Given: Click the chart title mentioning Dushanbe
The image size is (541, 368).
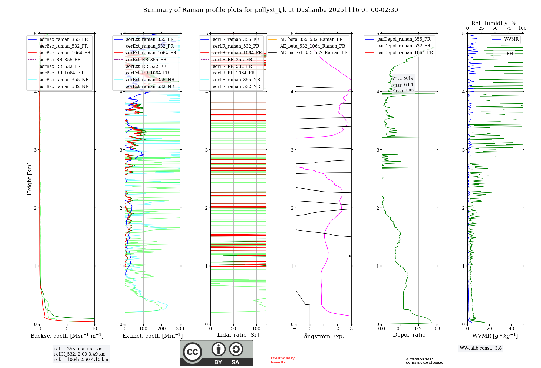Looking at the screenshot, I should click(270, 10).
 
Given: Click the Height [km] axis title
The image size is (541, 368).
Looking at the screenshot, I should click(29, 179).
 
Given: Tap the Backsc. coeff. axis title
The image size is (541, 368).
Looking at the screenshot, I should click(67, 336).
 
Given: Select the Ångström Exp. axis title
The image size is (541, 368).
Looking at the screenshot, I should click(324, 336).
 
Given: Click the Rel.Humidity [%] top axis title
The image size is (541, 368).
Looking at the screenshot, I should click(495, 23).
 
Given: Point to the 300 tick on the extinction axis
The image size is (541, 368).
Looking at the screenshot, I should click(180, 329).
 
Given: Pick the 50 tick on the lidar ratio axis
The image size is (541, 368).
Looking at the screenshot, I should click(233, 329).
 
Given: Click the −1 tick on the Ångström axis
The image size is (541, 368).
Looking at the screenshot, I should click(296, 329).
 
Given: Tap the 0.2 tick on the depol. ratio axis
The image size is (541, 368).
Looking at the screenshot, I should click(418, 329).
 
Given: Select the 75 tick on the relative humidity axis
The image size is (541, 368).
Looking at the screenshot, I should click(509, 28).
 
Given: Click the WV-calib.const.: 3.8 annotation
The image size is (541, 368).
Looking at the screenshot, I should click(481, 348).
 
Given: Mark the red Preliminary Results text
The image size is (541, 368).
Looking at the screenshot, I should click(282, 360).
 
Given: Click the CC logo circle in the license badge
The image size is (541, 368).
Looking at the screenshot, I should click(192, 352).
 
